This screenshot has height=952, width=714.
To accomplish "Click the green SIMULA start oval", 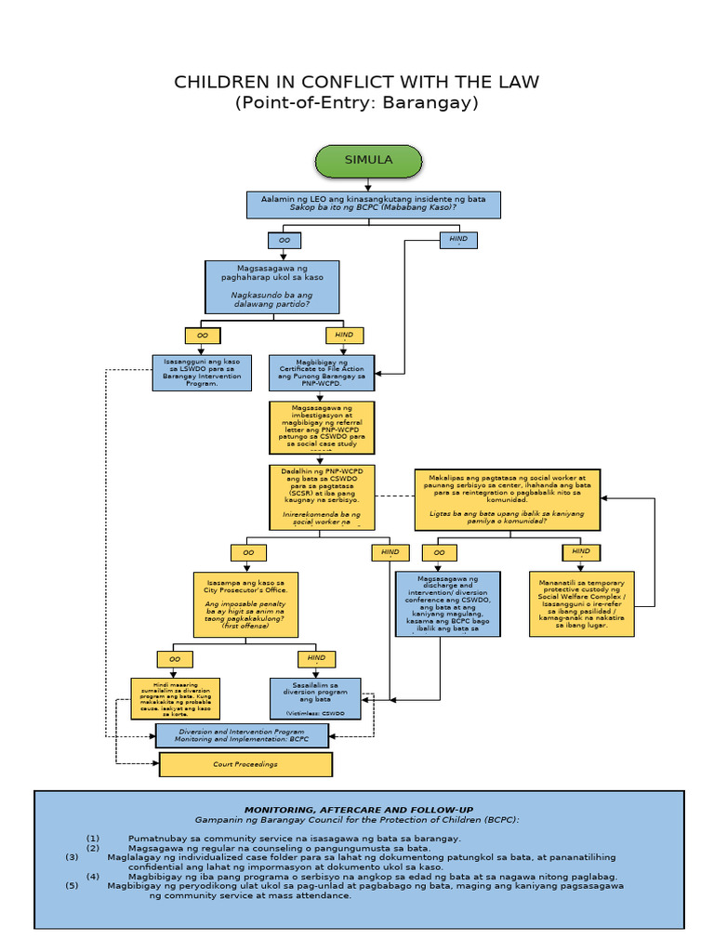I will click(x=368, y=161).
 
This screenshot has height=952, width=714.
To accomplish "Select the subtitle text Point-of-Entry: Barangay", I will click(x=357, y=103).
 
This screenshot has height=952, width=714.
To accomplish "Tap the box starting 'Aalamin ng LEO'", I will click(x=373, y=204).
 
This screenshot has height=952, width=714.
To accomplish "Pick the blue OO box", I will click(x=284, y=241).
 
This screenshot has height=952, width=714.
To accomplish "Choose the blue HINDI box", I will click(x=458, y=240).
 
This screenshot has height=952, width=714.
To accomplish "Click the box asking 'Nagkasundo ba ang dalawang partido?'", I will click(x=271, y=286).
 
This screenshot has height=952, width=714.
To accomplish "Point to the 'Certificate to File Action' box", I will click(x=322, y=372).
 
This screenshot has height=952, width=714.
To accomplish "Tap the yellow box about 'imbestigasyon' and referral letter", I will click(x=322, y=427).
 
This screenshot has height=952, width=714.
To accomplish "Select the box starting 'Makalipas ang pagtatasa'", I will click(x=508, y=499).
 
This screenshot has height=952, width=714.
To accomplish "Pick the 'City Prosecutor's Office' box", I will click(x=246, y=604).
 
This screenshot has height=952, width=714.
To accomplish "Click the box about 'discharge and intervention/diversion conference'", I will click(x=448, y=604).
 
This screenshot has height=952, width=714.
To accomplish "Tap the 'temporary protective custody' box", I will click(x=582, y=604).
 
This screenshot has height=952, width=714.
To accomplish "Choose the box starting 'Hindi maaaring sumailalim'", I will click(x=175, y=699).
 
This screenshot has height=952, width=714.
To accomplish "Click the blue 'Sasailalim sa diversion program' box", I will click(x=315, y=699).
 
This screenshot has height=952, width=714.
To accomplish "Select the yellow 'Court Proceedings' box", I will click(x=245, y=764).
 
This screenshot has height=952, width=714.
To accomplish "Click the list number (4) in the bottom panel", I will click(x=94, y=876).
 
